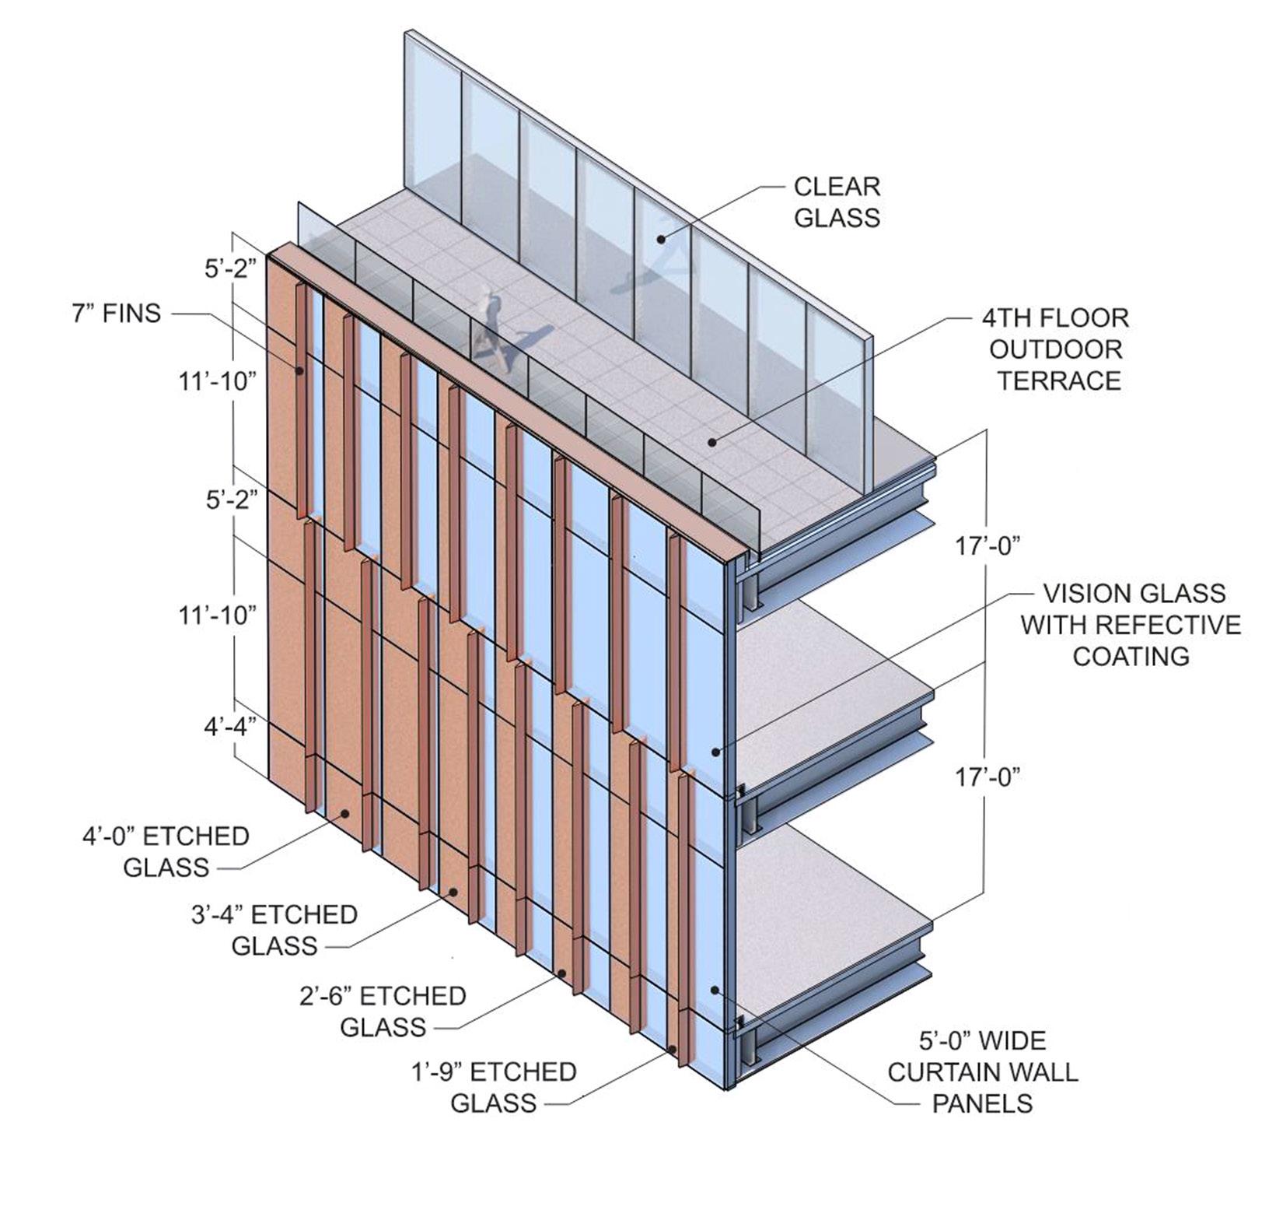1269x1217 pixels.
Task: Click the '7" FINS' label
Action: [117, 314]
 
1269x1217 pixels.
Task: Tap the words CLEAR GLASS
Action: [837, 202]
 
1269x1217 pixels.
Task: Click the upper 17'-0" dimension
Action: [987, 547]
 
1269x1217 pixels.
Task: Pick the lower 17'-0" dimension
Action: [987, 777]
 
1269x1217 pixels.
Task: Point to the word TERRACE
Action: [1059, 381]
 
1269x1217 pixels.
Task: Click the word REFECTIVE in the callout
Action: [1131, 625]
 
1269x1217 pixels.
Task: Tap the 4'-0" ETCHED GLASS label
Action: [166, 851]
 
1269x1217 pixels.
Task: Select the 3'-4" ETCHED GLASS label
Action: [274, 930]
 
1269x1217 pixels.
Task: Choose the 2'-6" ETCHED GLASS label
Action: [383, 1011]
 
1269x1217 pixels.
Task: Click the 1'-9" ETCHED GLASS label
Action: [494, 1087]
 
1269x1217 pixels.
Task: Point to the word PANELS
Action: [983, 1103]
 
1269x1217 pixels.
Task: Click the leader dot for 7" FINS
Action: [299, 371]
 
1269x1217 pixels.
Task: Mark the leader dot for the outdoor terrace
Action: [711, 442]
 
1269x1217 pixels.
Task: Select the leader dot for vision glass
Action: [716, 752]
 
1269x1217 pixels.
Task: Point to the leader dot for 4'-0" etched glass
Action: [344, 813]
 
